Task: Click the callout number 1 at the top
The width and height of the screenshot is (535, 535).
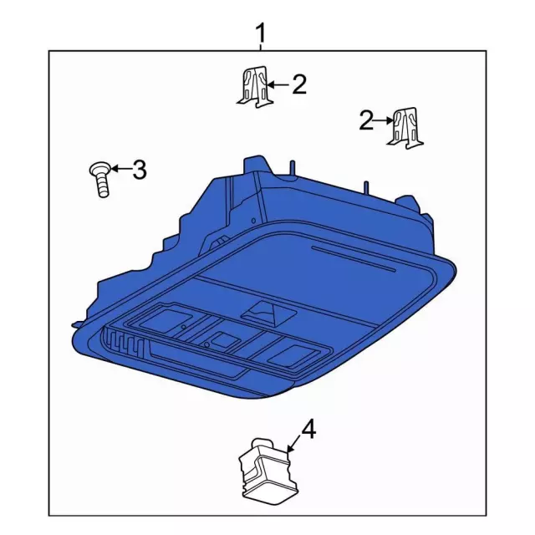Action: [x=261, y=34]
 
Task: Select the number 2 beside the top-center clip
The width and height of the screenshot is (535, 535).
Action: [x=298, y=84]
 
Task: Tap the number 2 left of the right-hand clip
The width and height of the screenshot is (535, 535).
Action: [x=365, y=120]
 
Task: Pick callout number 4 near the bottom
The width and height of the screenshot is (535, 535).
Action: [x=308, y=431]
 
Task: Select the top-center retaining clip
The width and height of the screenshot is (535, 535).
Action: [x=252, y=87]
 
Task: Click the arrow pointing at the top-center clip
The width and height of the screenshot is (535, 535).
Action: [x=278, y=84]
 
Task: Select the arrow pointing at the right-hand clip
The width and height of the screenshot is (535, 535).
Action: [x=384, y=121]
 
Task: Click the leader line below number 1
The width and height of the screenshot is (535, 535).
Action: [x=261, y=48]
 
